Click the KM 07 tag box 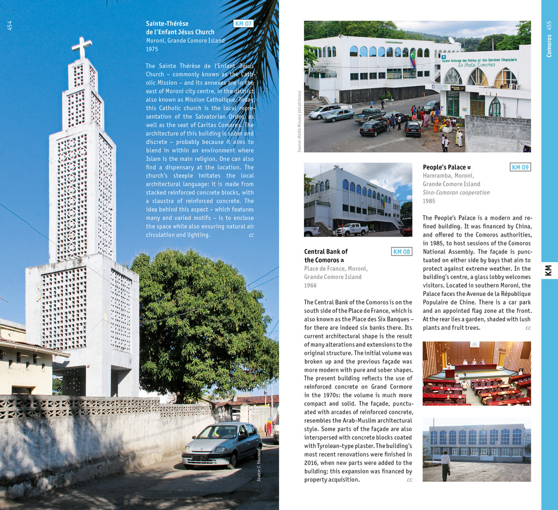tap(243, 23)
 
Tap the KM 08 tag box tap(402, 252)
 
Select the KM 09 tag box tap(520, 167)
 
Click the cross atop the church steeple tap(82, 47)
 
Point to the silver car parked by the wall tap(222, 444)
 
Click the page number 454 tap(9, 25)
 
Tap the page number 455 tap(549, 25)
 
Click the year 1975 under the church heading tap(152, 49)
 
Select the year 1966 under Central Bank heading tap(311, 286)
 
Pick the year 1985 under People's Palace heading tap(429, 201)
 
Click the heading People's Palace tap(445, 167)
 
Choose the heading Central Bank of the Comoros tap(326, 256)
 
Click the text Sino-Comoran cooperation tap(456, 192)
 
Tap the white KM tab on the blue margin tap(549, 270)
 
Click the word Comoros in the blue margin tap(549, 47)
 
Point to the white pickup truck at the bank tap(351, 229)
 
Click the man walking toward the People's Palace tap(445, 465)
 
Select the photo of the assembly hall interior tap(476, 373)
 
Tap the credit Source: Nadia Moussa tap(299, 122)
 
